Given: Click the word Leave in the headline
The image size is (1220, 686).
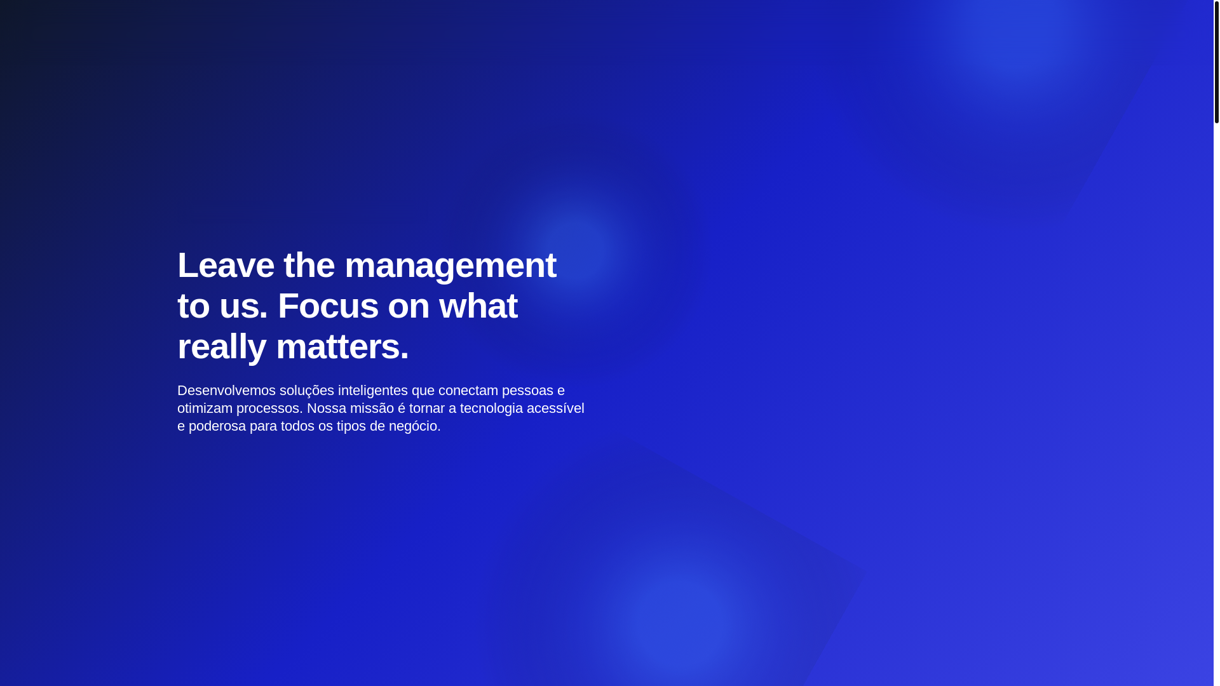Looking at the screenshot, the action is tap(226, 265).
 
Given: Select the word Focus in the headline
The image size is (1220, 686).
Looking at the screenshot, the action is tap(328, 306).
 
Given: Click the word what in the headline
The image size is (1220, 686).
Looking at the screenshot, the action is tap(478, 306).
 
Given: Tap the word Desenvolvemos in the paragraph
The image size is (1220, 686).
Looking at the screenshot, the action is tap(226, 391).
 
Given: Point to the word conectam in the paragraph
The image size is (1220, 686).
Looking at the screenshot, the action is tap(468, 391).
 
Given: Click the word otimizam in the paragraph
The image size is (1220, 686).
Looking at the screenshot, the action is tap(205, 408).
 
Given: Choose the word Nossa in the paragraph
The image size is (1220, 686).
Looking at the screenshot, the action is tap(327, 408).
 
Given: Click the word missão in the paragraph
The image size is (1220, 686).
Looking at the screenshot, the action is tap(372, 408).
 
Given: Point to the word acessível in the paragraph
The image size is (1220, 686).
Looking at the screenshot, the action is tap(555, 408).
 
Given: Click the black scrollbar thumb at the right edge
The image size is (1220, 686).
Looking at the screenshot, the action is tap(1217, 62).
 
